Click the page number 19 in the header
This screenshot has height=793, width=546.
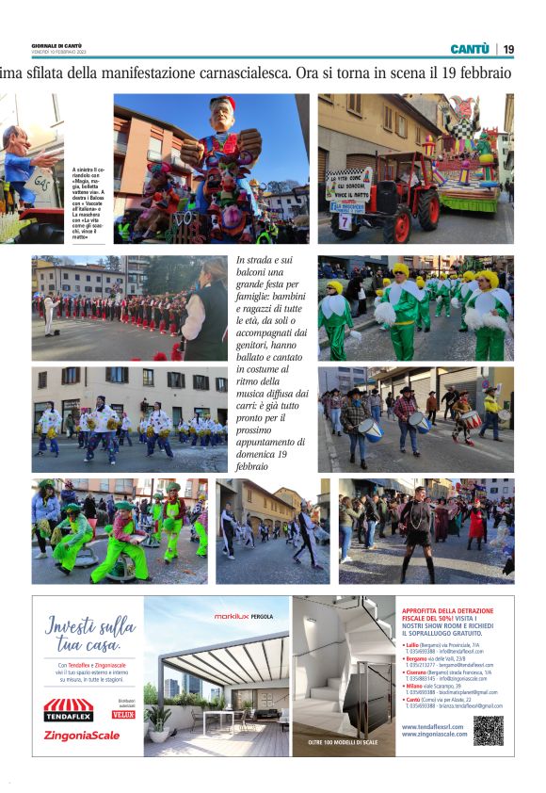tap(508, 49)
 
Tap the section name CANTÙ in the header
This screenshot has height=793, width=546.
tap(469, 49)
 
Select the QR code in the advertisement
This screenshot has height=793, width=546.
tap(488, 731)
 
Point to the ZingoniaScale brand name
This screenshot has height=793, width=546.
tap(82, 736)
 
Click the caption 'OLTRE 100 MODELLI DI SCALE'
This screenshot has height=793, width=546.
tap(344, 743)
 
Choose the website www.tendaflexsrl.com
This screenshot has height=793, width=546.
tap(434, 726)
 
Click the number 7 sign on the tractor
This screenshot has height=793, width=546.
tap(345, 220)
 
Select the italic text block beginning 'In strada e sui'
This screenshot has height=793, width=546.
tap(271, 364)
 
